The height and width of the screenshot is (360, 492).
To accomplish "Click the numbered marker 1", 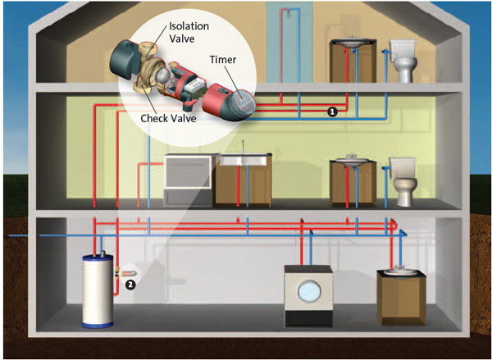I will click(x=332, y=111).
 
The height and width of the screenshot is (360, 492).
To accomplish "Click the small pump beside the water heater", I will click(x=123, y=271).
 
